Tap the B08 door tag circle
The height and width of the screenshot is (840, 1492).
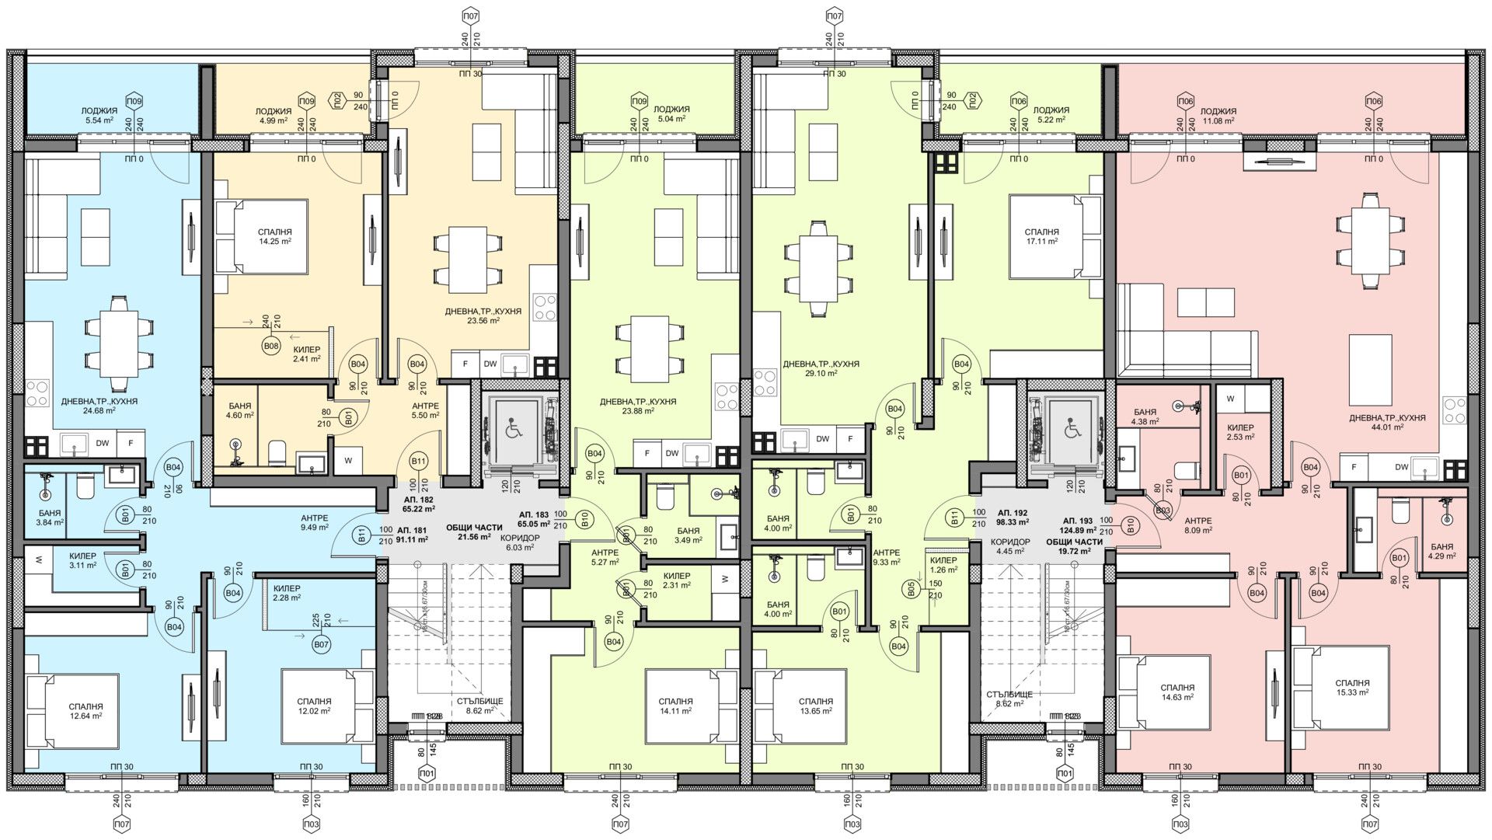click(x=270, y=346)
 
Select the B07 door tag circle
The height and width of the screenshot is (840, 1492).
click(x=321, y=644)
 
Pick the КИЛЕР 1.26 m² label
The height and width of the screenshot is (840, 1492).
click(x=943, y=565)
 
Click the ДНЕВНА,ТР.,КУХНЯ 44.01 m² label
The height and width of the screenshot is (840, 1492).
click(x=1387, y=422)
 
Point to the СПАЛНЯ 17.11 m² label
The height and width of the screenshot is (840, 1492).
click(x=1041, y=237)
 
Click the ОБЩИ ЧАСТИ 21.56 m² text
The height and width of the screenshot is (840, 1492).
click(x=474, y=532)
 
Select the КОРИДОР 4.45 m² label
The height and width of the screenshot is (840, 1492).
click(x=1009, y=547)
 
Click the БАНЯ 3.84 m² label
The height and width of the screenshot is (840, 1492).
click(x=51, y=518)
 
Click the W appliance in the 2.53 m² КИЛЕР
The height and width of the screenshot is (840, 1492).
click(x=1230, y=399)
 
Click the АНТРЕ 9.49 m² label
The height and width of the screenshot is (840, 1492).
click(x=315, y=523)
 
